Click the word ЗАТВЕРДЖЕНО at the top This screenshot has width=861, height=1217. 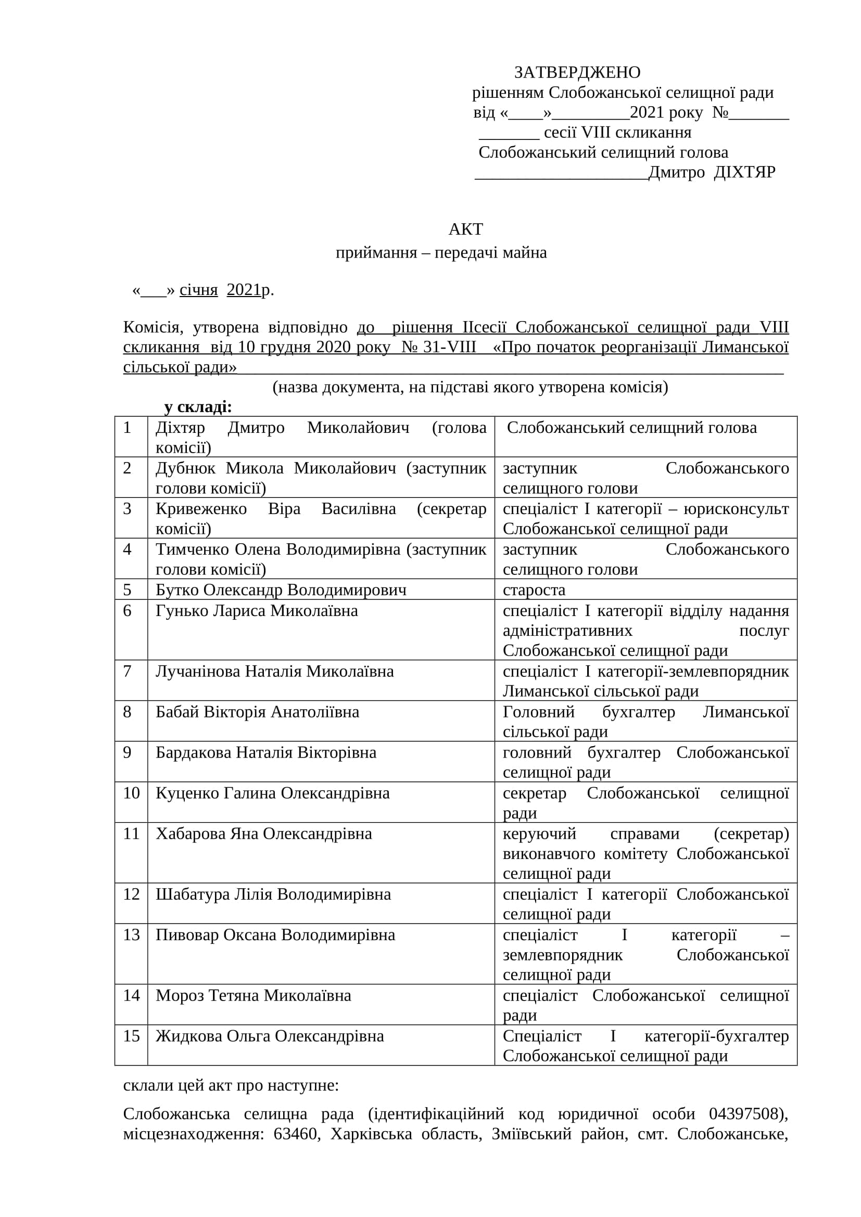[x=577, y=72]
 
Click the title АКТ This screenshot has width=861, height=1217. [x=465, y=229]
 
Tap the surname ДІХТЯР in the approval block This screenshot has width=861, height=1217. [x=744, y=172]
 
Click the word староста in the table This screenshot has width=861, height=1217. [x=534, y=590]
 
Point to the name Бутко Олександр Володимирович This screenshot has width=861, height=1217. [x=281, y=590]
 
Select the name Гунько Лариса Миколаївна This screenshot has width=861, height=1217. [x=257, y=611]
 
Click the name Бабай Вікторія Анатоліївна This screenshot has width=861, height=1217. [x=257, y=712]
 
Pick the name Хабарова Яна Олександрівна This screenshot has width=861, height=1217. [x=263, y=834]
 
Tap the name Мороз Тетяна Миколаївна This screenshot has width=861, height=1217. [x=254, y=995]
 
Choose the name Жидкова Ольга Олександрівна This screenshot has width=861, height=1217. [x=269, y=1036]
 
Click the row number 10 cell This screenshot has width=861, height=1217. [x=131, y=793]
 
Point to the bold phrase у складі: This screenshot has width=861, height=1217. [x=198, y=407]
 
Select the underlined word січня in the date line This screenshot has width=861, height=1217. [x=198, y=290]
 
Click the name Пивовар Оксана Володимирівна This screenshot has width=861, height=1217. [x=275, y=934]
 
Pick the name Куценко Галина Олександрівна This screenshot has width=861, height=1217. [x=272, y=793]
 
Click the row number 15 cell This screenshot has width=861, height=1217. [x=131, y=1036]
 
